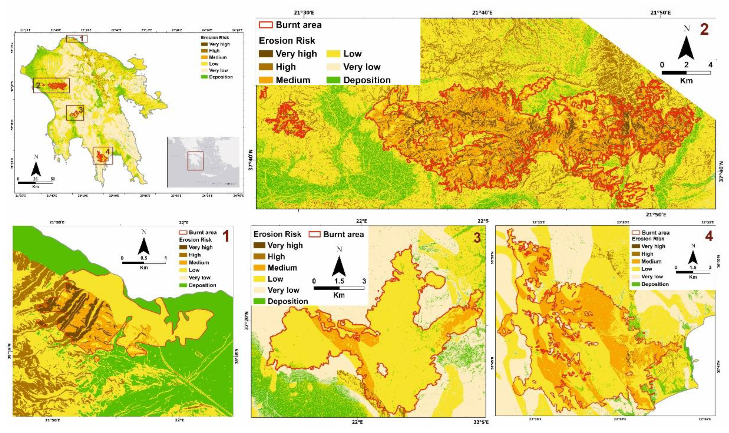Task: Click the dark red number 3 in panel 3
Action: (477, 238)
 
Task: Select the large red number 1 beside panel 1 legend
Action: (226, 237)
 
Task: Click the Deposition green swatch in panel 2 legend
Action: (333, 80)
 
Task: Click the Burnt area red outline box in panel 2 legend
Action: (266, 25)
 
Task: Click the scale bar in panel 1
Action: (144, 263)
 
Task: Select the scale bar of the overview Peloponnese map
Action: (35, 183)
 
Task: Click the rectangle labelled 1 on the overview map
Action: (76, 39)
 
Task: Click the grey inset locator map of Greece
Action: (203, 162)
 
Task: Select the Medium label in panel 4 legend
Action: (651, 261)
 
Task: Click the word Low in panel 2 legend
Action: (352, 54)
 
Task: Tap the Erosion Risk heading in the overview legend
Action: (215, 37)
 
